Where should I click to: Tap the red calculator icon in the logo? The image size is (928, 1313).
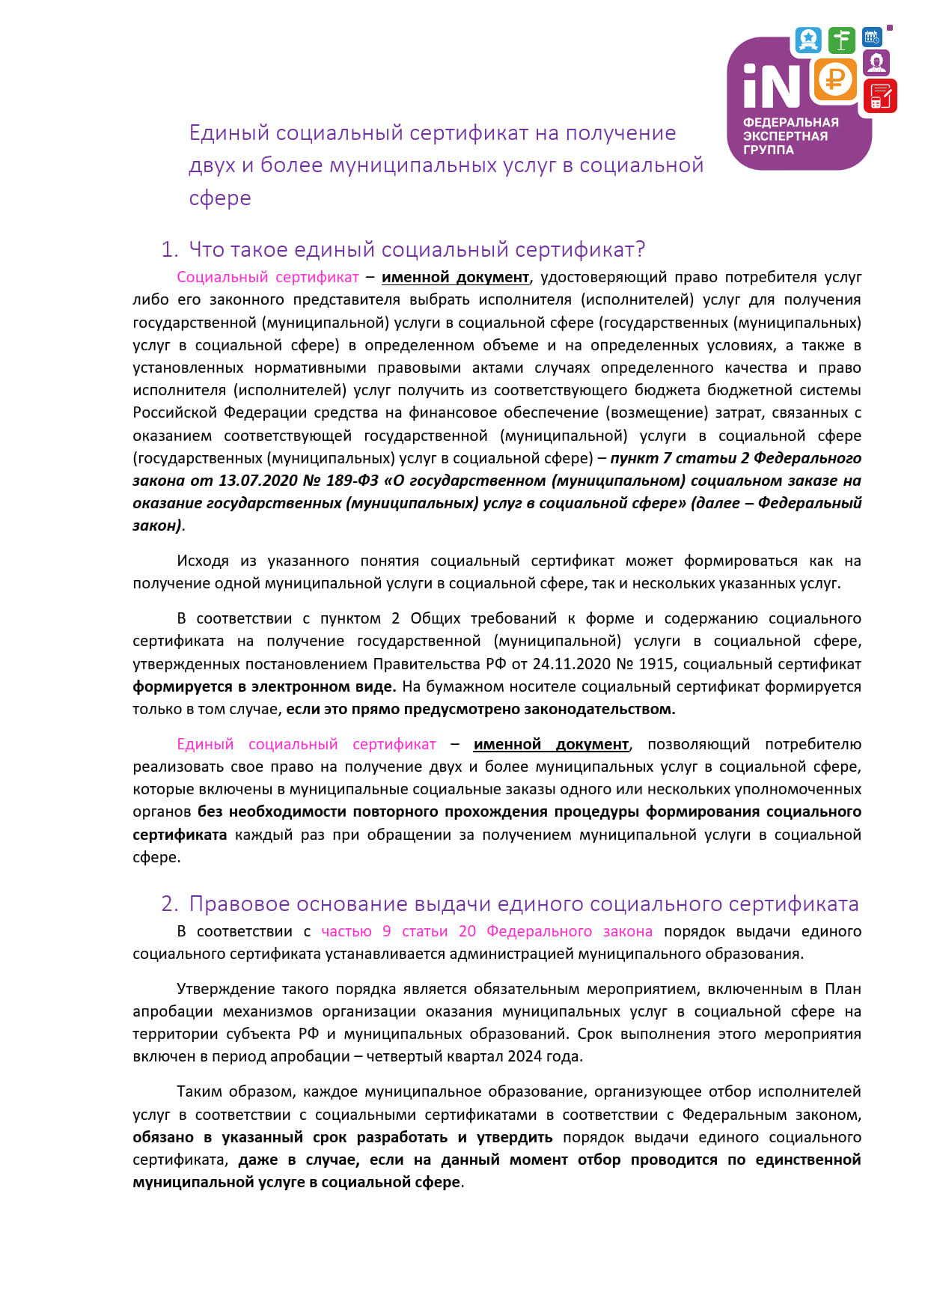pos(880,97)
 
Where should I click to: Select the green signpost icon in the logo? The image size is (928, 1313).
pos(842,40)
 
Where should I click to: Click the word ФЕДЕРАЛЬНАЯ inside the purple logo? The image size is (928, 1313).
pos(790,122)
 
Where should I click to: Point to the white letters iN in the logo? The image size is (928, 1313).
pos(770,85)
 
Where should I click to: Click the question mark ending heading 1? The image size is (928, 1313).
pos(639,249)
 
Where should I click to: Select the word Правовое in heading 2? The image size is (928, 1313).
pos(239,904)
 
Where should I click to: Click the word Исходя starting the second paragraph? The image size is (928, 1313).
pos(203,561)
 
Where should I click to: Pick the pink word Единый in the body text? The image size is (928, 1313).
pos(205,744)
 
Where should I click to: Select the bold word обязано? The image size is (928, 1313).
pos(163,1137)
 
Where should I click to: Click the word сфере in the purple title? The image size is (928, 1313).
pos(220,198)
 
